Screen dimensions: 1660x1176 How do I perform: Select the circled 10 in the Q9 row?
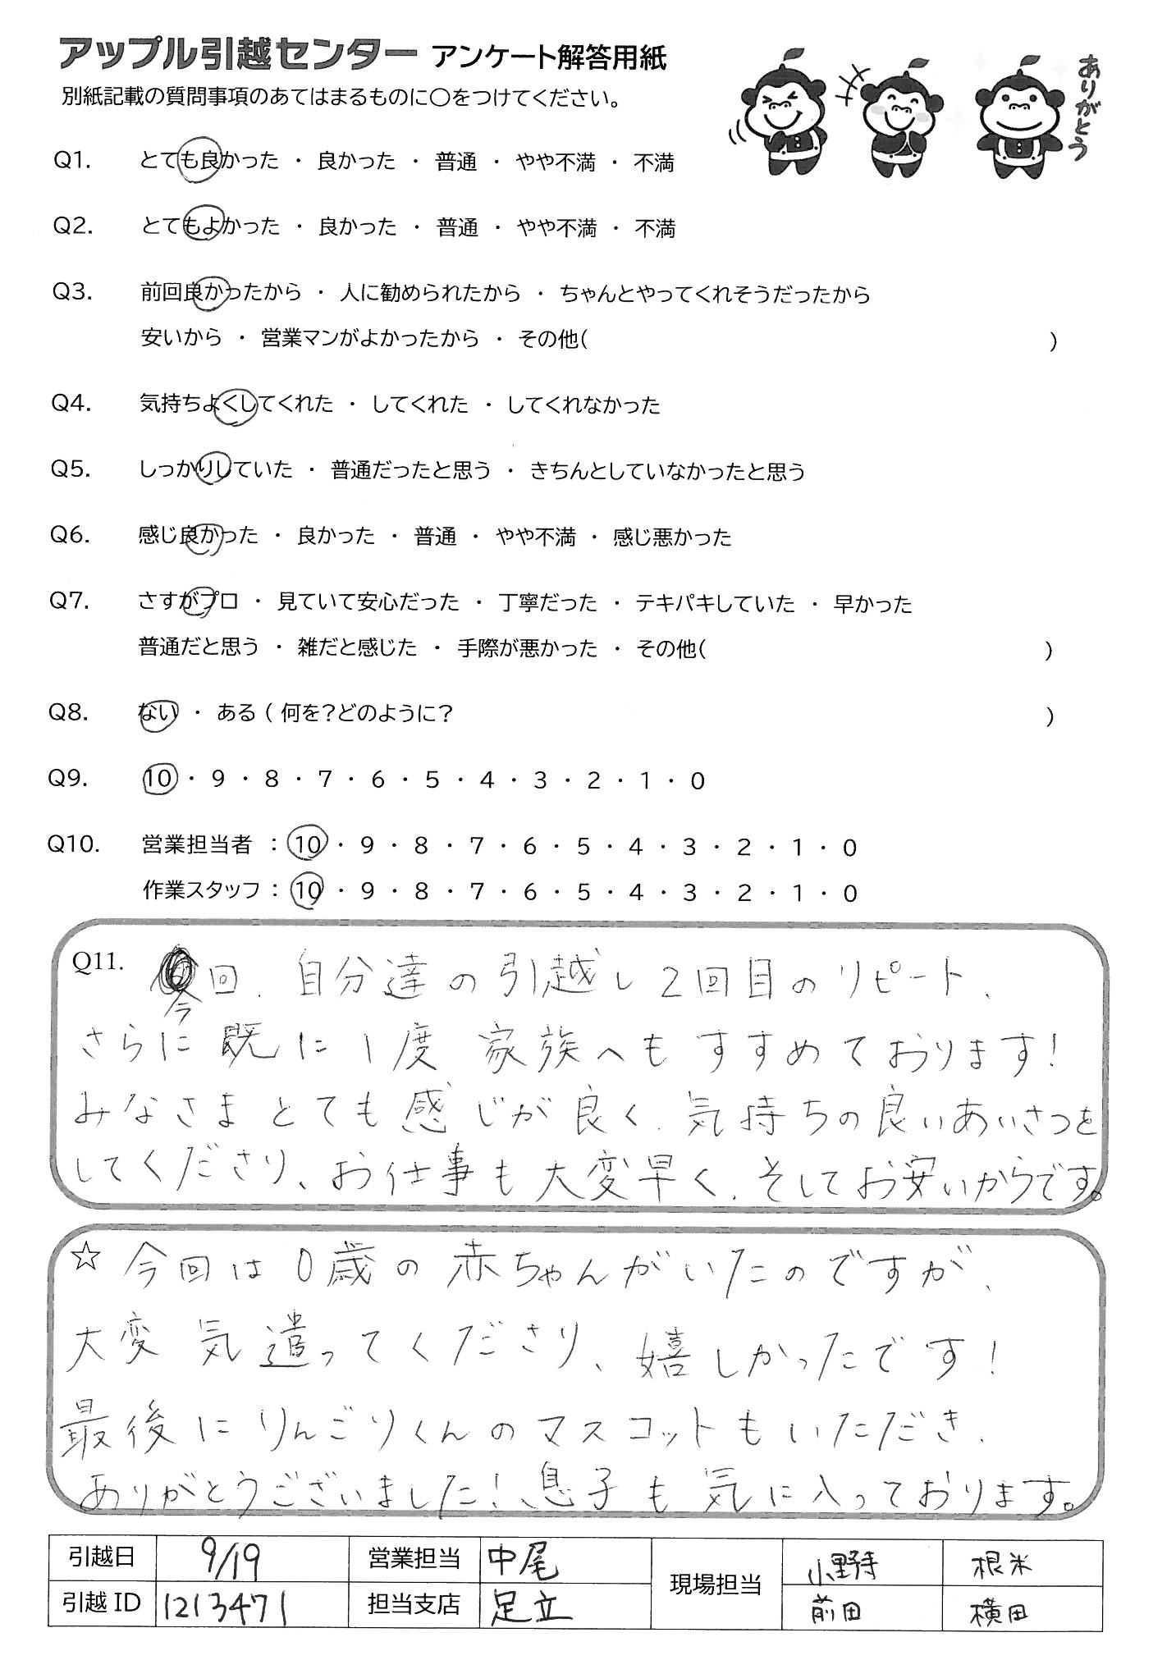[x=159, y=780]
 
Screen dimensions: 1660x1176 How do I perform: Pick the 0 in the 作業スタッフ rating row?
[x=849, y=893]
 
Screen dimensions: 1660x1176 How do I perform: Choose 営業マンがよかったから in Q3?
[x=369, y=339]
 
